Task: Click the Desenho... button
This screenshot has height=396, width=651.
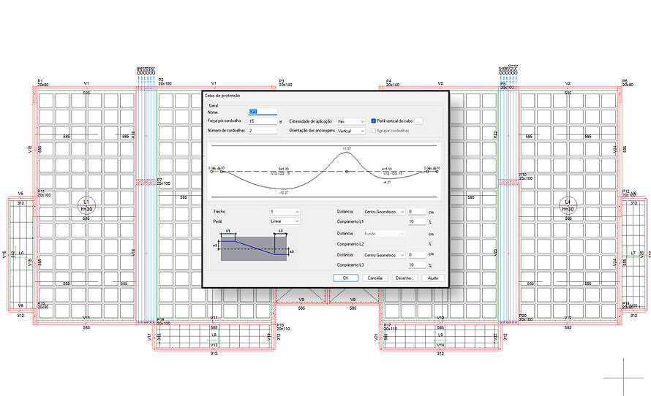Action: point(404,278)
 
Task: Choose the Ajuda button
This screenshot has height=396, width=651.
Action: point(432,278)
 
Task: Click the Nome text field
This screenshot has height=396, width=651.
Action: point(263,112)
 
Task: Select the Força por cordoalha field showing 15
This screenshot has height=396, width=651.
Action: point(263,121)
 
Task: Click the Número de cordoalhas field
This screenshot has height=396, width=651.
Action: point(263,130)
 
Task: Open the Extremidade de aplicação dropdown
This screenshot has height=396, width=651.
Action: point(351,121)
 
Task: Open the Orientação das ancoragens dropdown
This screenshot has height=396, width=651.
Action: point(351,130)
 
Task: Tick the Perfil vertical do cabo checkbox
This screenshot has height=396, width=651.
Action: point(373,121)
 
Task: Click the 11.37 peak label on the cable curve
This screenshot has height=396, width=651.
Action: point(347,148)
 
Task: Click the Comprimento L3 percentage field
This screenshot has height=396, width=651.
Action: point(416,264)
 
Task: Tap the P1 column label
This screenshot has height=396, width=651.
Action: point(41,80)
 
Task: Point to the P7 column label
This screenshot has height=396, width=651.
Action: point(159,179)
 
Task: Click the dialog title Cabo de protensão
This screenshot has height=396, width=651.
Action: point(223,96)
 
